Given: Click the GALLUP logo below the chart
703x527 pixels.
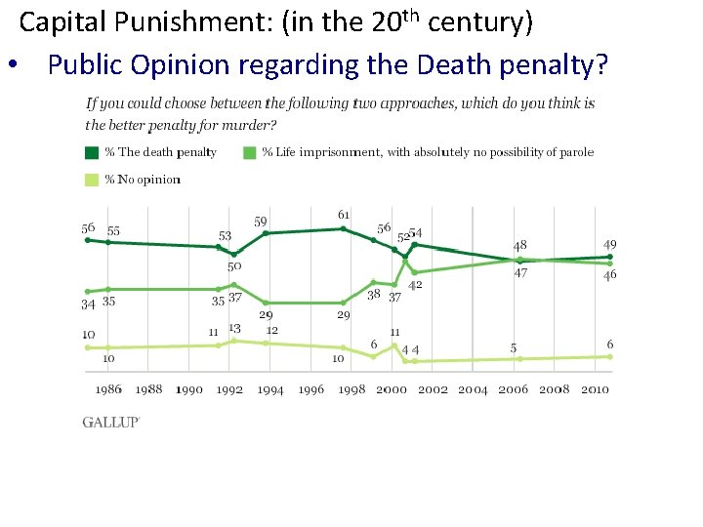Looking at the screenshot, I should coord(110,422).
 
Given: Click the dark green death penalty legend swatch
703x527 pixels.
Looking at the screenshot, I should coord(93,152).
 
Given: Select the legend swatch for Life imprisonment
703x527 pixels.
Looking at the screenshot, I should coord(251,152).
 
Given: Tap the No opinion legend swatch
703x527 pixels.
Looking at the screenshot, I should coord(93,179).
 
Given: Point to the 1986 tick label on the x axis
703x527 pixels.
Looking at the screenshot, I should coord(108,389).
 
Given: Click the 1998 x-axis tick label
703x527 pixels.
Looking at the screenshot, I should coord(352,389).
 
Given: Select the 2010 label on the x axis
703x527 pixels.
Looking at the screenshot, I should coord(595,389).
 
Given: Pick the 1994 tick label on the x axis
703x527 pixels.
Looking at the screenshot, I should coord(270,389).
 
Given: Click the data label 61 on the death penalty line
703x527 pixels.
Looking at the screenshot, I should coord(344,215).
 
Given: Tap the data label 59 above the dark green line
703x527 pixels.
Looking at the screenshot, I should coord(261,222).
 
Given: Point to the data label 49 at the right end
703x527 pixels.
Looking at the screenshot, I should coord(609,244).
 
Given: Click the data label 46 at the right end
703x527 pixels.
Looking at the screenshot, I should coord(609,275).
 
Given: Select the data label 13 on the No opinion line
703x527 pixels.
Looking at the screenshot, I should coord(234,329).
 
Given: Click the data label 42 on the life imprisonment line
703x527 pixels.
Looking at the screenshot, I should coord(415,285).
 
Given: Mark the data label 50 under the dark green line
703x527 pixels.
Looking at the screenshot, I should coord(234,266).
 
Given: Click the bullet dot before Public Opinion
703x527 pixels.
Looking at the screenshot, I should coord(14,66).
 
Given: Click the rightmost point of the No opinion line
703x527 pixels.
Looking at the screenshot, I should coord(610,356).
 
